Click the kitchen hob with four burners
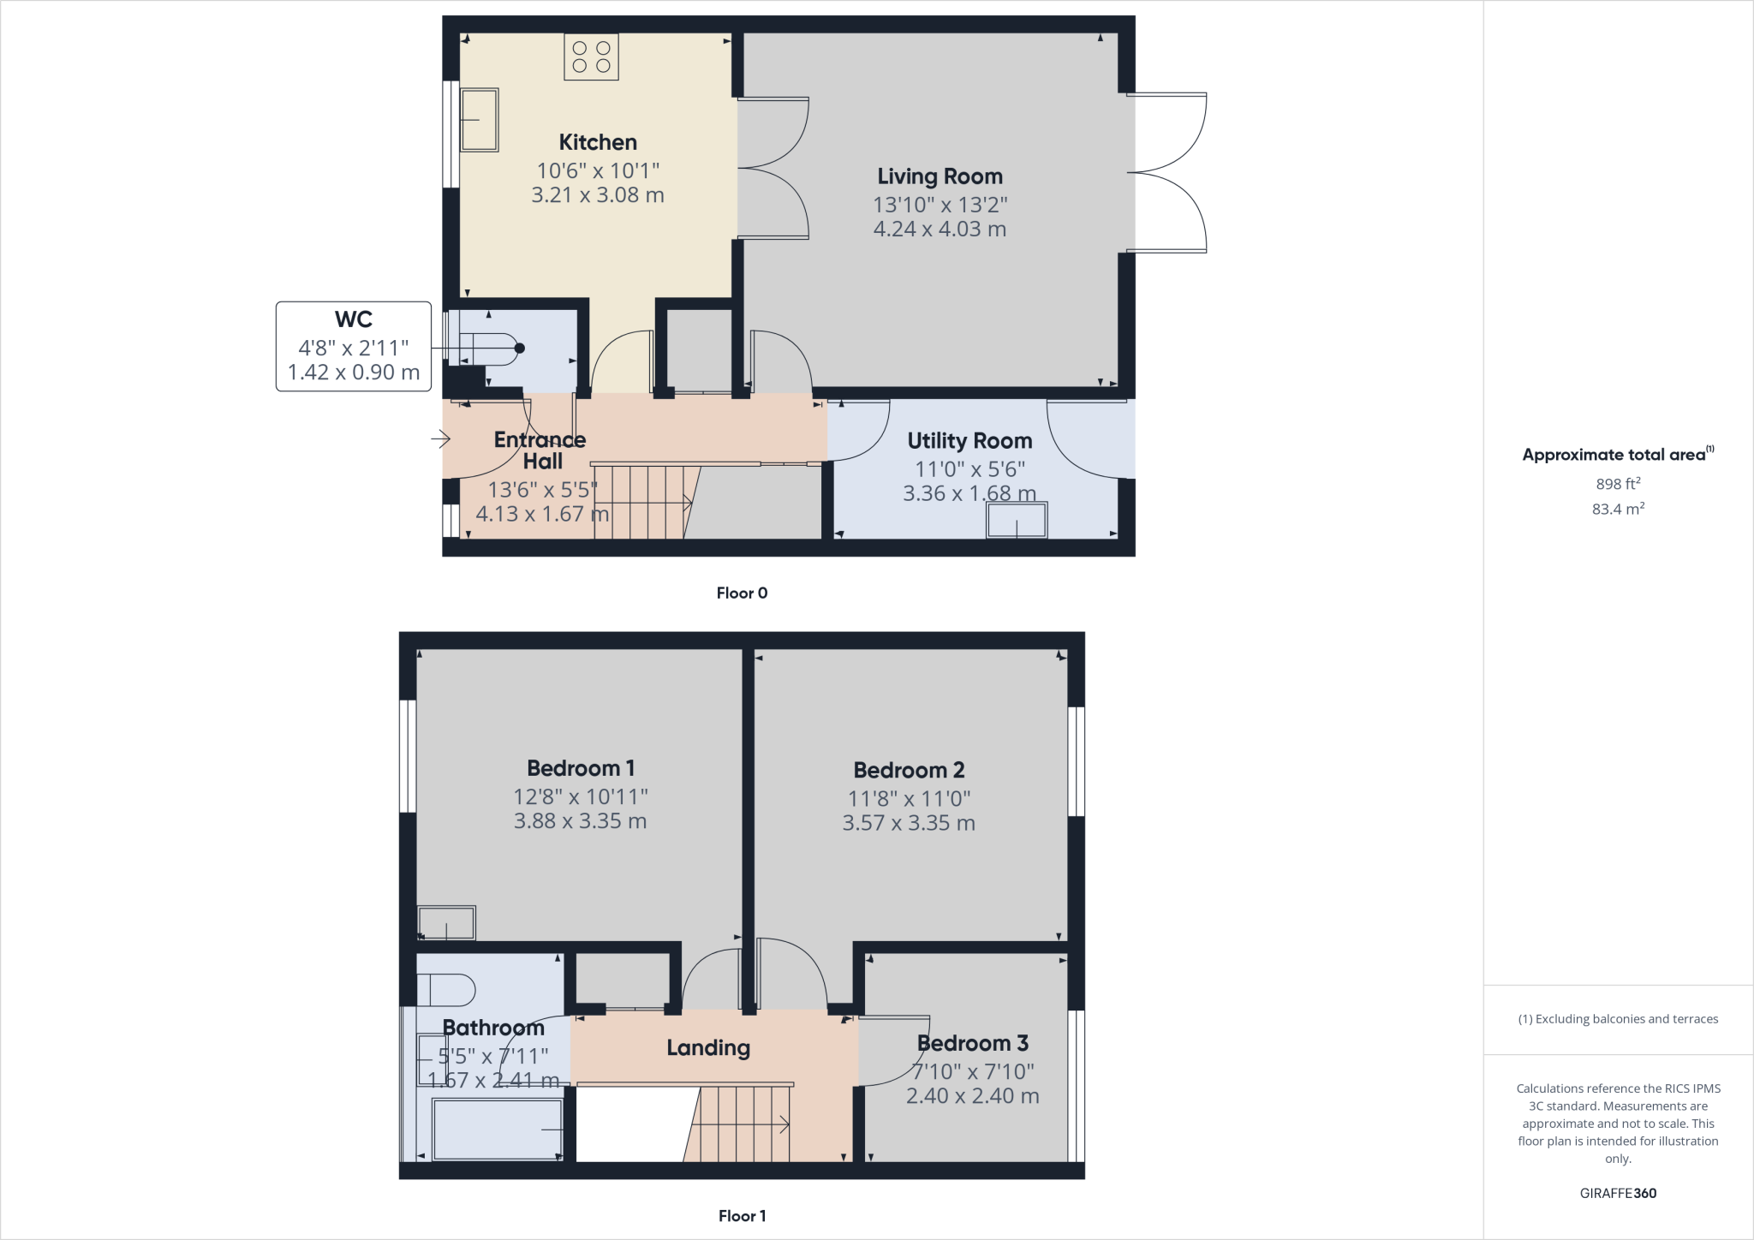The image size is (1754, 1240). [591, 57]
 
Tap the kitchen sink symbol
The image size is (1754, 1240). [479, 120]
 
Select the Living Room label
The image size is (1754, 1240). [940, 176]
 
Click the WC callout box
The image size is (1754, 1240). [353, 346]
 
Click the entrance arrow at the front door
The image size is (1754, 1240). [440, 439]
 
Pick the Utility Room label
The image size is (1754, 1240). [969, 441]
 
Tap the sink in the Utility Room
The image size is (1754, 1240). [1017, 520]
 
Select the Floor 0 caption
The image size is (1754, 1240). [742, 593]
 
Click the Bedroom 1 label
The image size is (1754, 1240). [581, 768]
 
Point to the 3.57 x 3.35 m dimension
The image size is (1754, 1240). [909, 823]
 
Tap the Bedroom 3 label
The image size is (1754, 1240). [972, 1043]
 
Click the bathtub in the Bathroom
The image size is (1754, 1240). [497, 1130]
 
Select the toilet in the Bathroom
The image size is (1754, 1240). [446, 990]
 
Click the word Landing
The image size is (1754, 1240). [708, 1047]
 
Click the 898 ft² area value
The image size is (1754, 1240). [1618, 484]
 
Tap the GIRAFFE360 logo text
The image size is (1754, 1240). [1618, 1193]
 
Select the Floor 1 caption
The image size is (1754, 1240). [742, 1215]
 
